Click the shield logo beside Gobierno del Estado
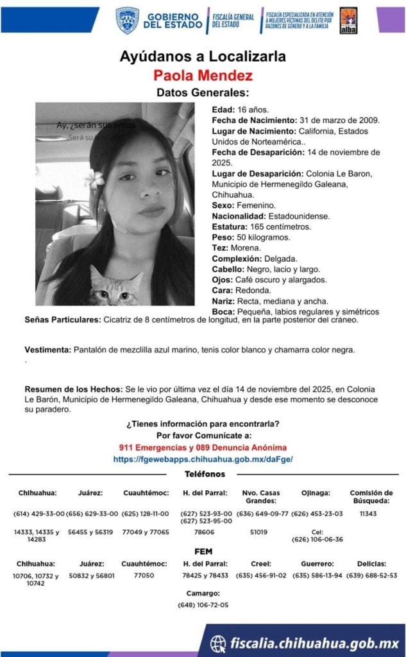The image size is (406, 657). coord(127,21)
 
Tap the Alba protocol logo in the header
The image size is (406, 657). coord(348,21)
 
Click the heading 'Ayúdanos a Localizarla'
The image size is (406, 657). coord(203,56)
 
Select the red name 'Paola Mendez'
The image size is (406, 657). coord(203,76)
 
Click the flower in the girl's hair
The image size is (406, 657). coord(97,178)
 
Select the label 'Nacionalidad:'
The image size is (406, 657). coord(239,216)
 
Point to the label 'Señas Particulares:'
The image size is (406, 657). coord(62,320)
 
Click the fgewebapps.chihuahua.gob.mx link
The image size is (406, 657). coord(203,459)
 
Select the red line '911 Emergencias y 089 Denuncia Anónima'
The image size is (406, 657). coord(203,447)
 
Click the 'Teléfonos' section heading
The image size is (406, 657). coord(203,474)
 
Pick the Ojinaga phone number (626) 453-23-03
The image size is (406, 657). coord(317,513)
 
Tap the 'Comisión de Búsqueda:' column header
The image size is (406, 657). coord(371,497)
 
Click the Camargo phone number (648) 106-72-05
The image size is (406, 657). coord(203,604)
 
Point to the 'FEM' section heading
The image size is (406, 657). coord(203,551)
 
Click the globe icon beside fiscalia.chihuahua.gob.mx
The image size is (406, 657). coord(218,642)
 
